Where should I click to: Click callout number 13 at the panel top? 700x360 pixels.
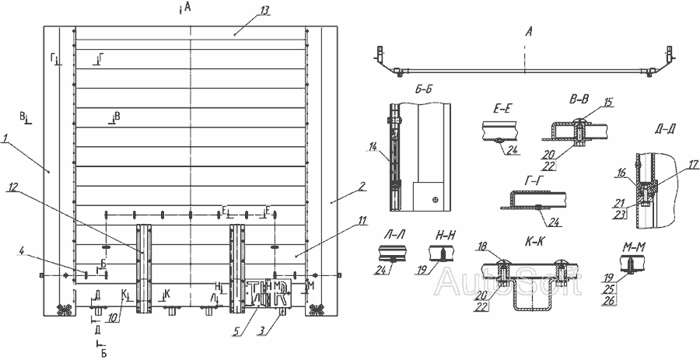[x=265, y=10]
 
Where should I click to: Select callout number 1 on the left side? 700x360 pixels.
[x=5, y=138]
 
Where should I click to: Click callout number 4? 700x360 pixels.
[x=23, y=250]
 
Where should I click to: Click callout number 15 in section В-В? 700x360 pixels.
[x=608, y=103]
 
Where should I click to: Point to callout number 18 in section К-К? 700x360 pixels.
[x=484, y=246]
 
